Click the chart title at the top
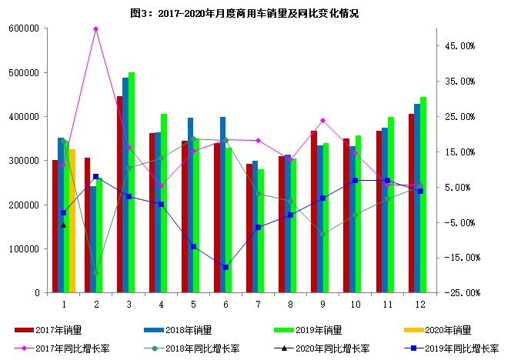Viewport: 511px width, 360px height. (255, 13)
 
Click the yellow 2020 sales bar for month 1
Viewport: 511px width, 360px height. (72, 223)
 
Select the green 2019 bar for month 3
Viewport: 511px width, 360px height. (132, 185)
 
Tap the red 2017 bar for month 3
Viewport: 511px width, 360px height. (120, 196)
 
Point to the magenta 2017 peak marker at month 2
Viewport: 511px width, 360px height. (95, 29)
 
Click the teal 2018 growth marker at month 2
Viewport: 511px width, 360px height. (95, 273)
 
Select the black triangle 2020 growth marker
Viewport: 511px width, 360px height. (63, 225)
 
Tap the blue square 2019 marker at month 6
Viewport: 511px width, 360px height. (225, 267)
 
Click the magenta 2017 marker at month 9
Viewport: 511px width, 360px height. (322, 121)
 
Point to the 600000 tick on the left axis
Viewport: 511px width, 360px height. (25, 28)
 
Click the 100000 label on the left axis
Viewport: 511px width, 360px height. (25, 249)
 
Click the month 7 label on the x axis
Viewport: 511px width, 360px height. (258, 305)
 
